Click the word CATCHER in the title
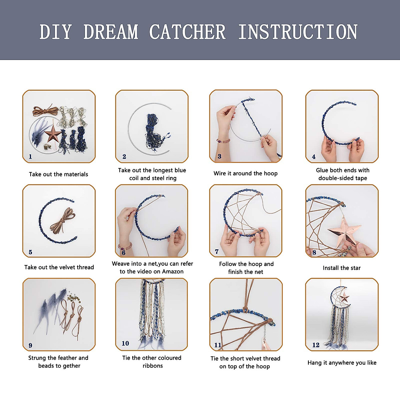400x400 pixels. pos(187,32)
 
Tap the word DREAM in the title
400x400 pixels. pos(111,32)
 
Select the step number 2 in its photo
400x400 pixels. pos(124,156)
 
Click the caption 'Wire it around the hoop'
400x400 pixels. pos(245,173)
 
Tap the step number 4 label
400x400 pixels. pos(314,156)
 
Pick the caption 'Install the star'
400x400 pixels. pos(342,268)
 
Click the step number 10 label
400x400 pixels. pos(125,343)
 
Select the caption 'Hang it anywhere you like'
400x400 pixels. pos(342,363)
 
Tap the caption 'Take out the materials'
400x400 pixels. pos(58,174)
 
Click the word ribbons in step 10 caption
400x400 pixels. pos(153,366)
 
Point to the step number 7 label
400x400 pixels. pos(217,252)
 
